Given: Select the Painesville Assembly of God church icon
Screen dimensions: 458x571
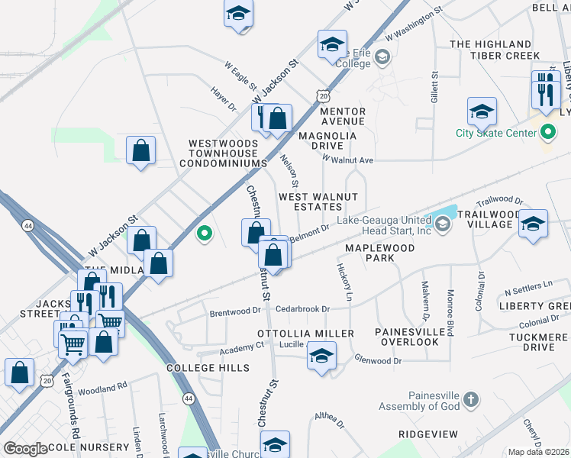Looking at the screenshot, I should tap(472, 399).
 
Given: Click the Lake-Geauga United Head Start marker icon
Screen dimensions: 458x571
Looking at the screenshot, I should tap(443, 224).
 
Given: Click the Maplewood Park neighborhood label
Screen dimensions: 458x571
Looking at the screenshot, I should tap(380, 253).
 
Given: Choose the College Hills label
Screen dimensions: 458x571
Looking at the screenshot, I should tap(208, 368).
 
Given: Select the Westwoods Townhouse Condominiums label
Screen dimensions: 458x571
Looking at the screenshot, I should tap(228, 153).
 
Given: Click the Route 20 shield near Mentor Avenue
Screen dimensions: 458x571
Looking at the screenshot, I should tap(324, 97).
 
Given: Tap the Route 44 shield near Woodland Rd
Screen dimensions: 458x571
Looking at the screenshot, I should tap(188, 398).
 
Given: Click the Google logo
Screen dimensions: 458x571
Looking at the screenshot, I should tap(26, 448).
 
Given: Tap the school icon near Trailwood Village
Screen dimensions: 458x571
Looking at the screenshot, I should tap(534, 223).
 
